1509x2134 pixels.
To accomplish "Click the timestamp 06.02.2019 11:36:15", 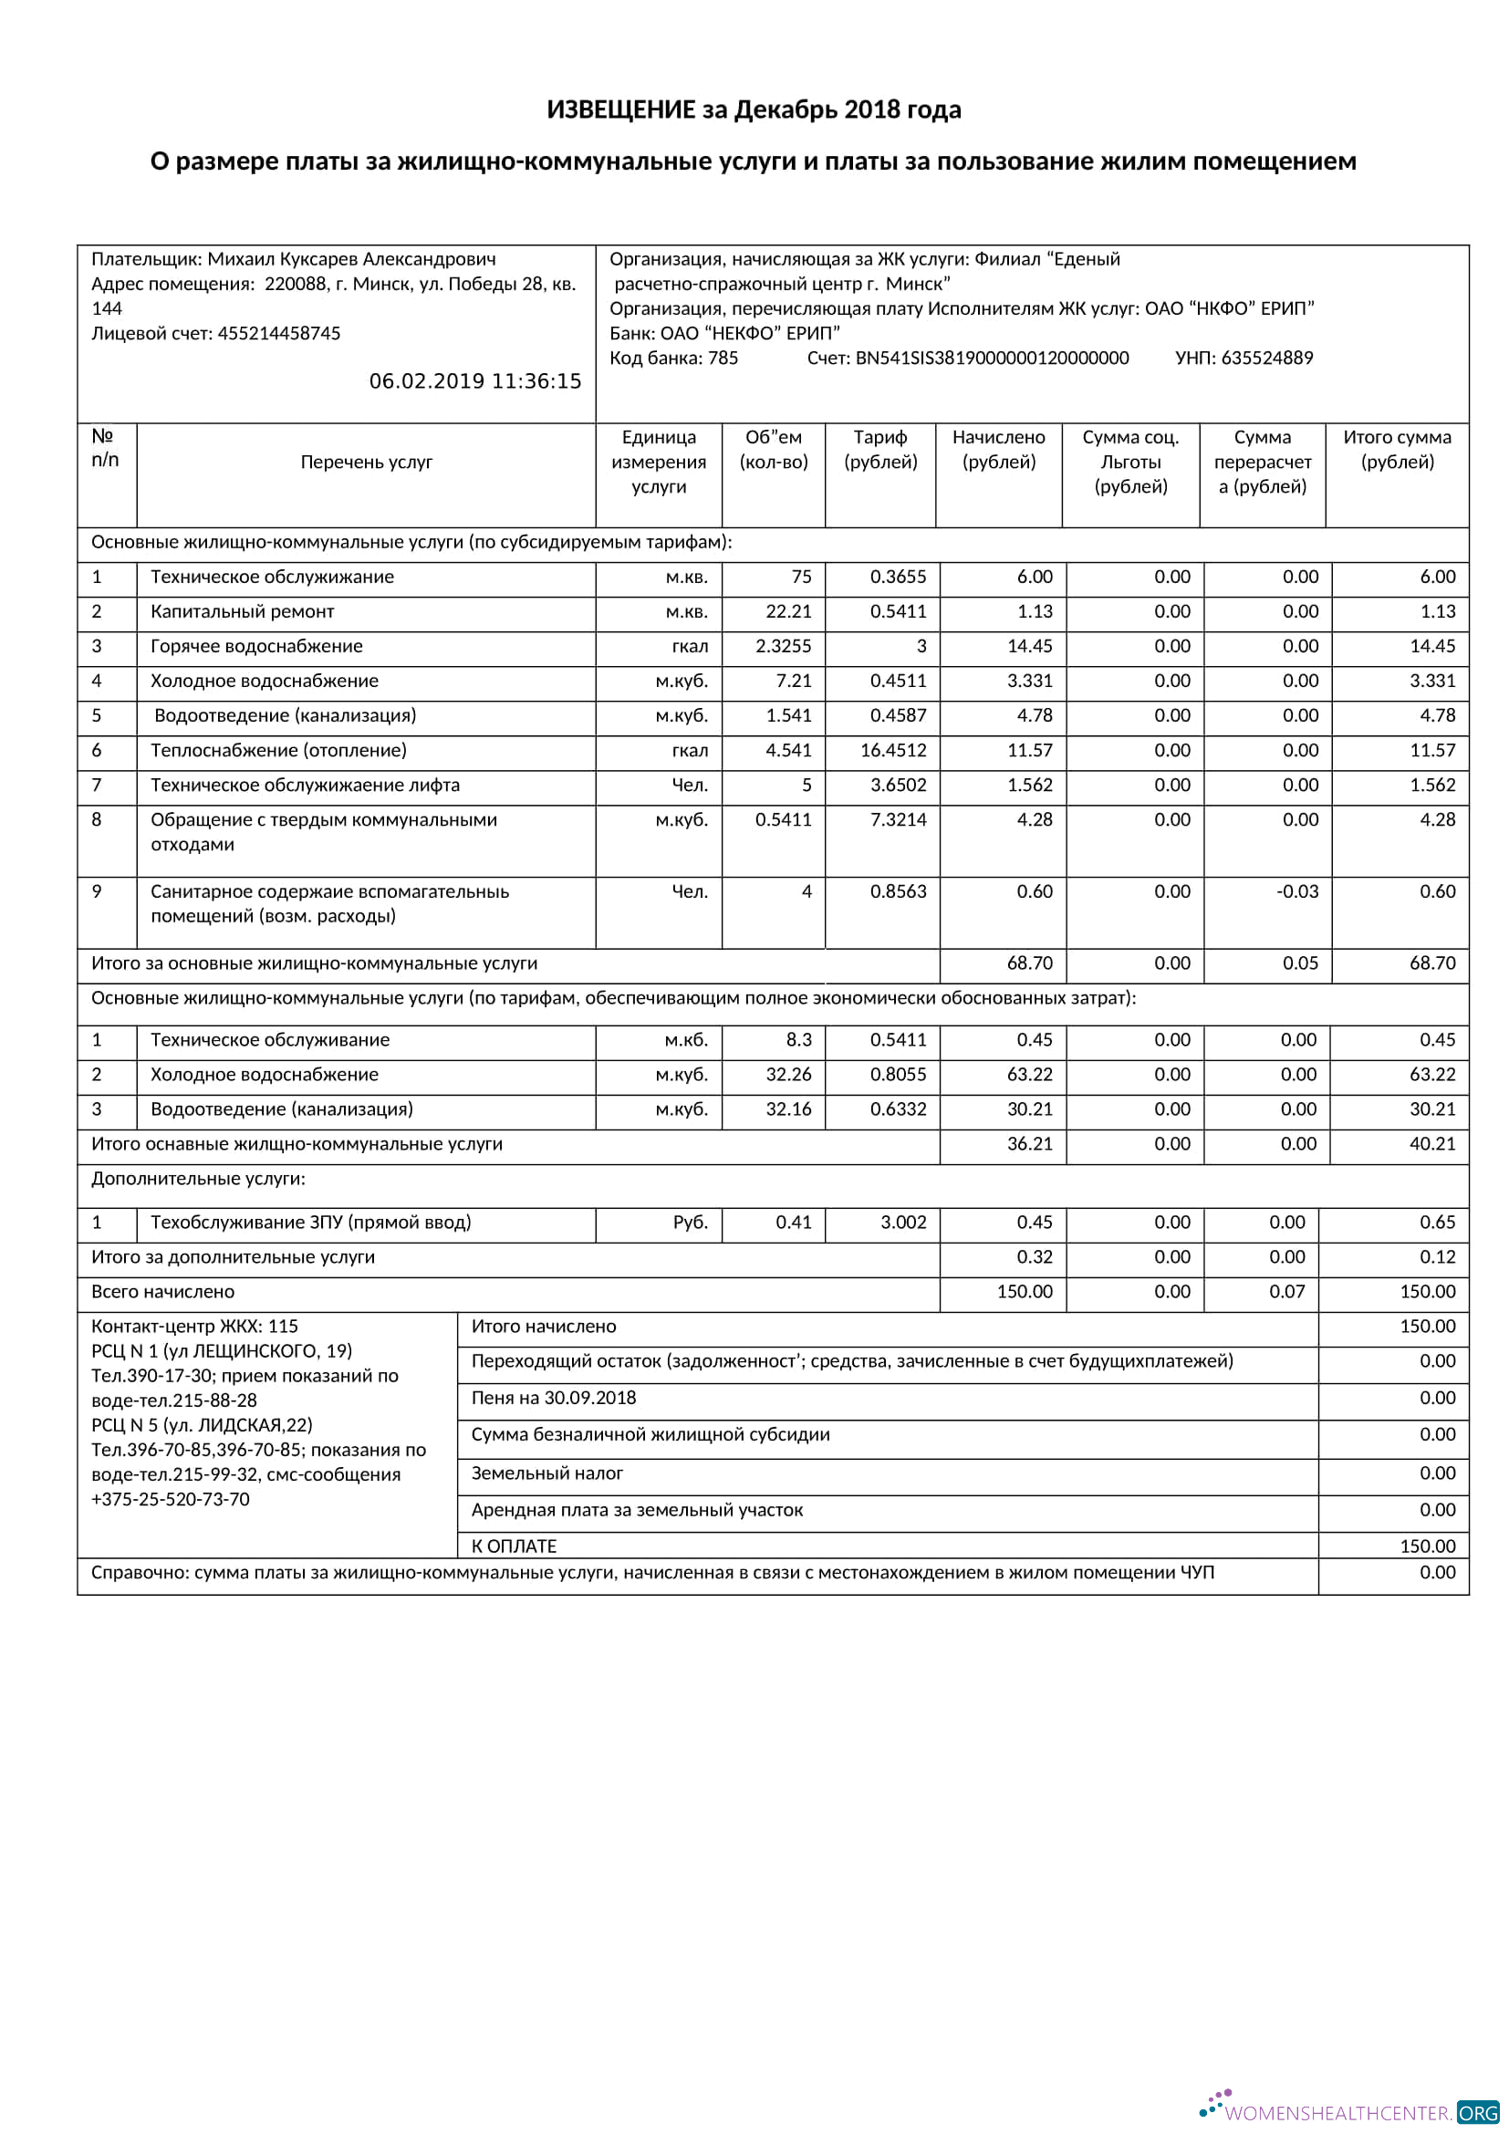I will [x=474, y=381].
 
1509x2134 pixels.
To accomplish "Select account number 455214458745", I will [x=279, y=333].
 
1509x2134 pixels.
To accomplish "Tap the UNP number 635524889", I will [x=1265, y=358].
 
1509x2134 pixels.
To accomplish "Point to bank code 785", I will [x=722, y=358].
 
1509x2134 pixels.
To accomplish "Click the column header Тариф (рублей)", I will [x=879, y=450].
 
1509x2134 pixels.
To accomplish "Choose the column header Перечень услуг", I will [x=366, y=462].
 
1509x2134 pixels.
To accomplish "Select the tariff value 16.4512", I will [x=893, y=750].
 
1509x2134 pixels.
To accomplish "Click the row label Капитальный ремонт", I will [x=242, y=611].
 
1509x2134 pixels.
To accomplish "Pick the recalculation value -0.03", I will [x=1296, y=891].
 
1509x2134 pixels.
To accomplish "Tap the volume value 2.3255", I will [x=784, y=646].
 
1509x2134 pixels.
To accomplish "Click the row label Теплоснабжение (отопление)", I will [x=278, y=750].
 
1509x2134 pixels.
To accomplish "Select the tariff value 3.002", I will [x=903, y=1223].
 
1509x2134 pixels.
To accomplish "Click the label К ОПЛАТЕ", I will [x=514, y=1546].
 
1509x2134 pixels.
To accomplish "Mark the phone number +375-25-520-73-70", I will [x=170, y=1499].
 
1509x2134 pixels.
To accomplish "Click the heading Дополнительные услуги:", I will [x=198, y=1179].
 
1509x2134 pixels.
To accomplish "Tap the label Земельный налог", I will [x=546, y=1473].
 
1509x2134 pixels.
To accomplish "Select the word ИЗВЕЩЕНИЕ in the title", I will [x=620, y=109].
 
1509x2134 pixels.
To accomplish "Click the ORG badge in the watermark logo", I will [x=1477, y=2113].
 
